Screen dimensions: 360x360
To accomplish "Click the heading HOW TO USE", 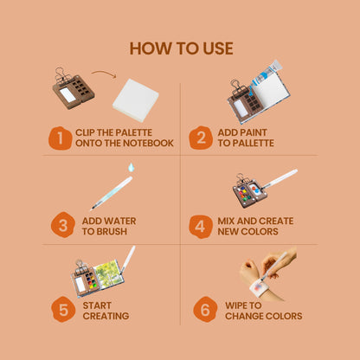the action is pyautogui.click(x=181, y=48).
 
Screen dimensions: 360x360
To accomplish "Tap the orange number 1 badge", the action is pyautogui.click(x=60, y=138).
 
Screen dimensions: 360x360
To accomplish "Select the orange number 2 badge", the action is pyautogui.click(x=201, y=138).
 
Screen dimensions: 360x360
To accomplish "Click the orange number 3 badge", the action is pyautogui.click(x=63, y=225).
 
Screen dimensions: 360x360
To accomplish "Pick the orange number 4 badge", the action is pyautogui.click(x=201, y=227).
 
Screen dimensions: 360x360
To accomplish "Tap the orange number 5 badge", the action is pyautogui.click(x=63, y=310).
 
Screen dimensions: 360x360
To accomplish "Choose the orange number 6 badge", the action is pyautogui.click(x=205, y=310).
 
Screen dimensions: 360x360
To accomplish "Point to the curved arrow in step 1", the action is pyautogui.click(x=105, y=74).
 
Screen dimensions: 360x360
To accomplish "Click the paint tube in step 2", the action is pyautogui.click(x=267, y=73).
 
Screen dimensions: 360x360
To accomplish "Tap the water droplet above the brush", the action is pyautogui.click(x=132, y=167).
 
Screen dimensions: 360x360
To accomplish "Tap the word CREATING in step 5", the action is pyautogui.click(x=106, y=316).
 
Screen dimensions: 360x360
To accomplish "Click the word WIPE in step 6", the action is pyautogui.click(x=236, y=305).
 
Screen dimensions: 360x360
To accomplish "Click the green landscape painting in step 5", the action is pyautogui.click(x=107, y=273).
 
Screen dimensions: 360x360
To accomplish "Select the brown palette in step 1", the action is pyautogui.click(x=74, y=89).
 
